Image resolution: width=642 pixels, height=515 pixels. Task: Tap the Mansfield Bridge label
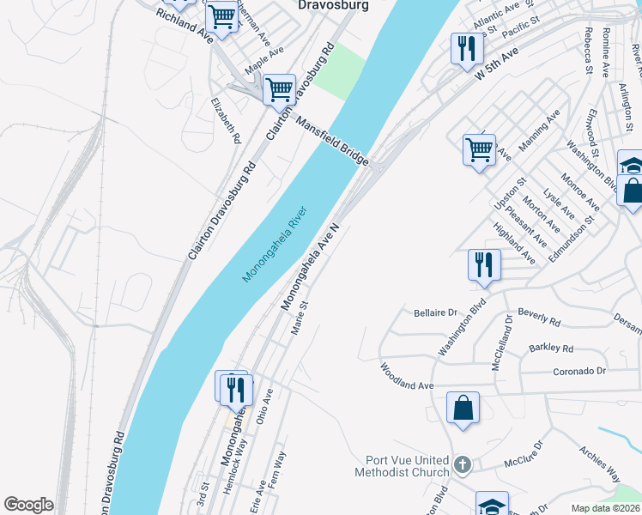pos(332,142)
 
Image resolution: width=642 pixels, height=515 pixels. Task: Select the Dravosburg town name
pos(332,5)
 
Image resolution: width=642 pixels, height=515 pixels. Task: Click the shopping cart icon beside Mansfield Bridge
pos(279,89)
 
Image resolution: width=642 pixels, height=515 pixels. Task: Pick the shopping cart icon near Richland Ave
pos(222,16)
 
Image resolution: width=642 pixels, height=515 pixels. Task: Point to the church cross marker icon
pos(463,465)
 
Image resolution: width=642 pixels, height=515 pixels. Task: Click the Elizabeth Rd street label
pos(226,120)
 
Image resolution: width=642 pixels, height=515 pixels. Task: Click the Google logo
pos(28,505)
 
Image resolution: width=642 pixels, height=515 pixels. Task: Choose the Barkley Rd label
pos(551,348)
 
